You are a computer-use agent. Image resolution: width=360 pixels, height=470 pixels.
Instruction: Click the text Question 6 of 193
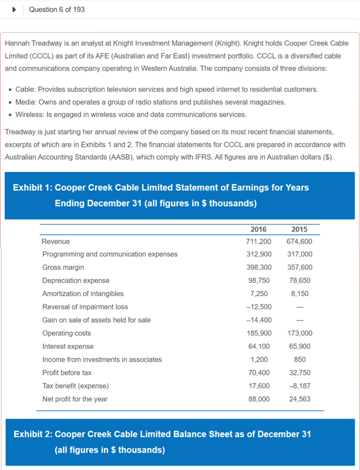click(x=56, y=9)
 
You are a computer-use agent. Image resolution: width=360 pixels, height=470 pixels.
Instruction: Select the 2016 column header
click(x=259, y=229)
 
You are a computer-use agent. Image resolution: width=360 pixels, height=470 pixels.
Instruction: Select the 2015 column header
click(x=299, y=229)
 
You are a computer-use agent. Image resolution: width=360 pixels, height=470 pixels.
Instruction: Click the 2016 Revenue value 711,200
click(x=259, y=241)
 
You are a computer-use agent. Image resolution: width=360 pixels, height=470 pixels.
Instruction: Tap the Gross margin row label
click(x=63, y=267)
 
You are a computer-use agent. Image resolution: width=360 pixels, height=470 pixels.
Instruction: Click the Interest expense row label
click(x=68, y=347)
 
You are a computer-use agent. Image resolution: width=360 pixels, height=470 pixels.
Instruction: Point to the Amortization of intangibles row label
click(x=83, y=294)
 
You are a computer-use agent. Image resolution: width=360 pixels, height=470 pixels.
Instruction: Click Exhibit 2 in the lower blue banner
click(x=33, y=434)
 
